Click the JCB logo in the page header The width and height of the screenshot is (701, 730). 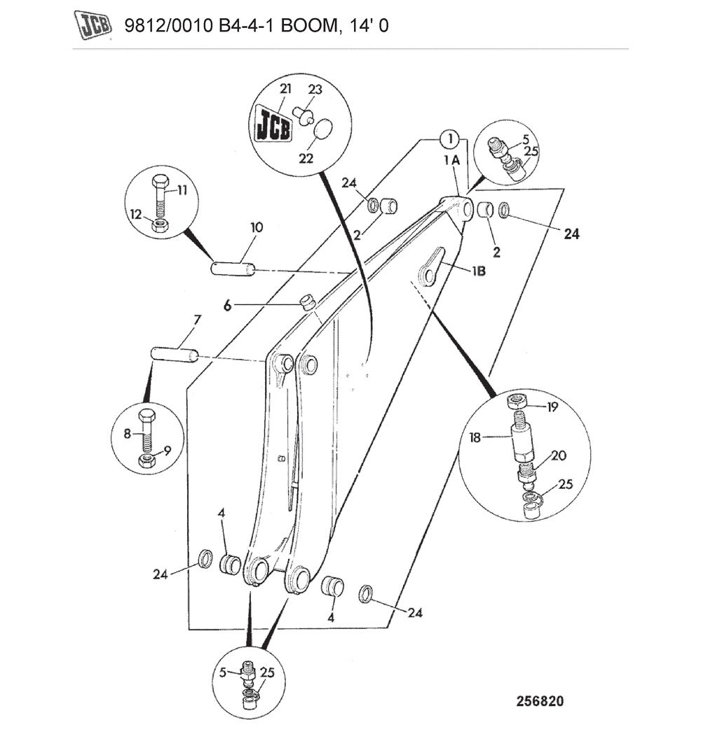[x=94, y=26]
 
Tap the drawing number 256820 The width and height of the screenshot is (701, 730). [x=540, y=701]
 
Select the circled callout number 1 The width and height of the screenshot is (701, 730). [x=449, y=138]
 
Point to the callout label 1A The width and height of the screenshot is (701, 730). [x=451, y=161]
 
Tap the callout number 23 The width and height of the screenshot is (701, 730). [x=315, y=90]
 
